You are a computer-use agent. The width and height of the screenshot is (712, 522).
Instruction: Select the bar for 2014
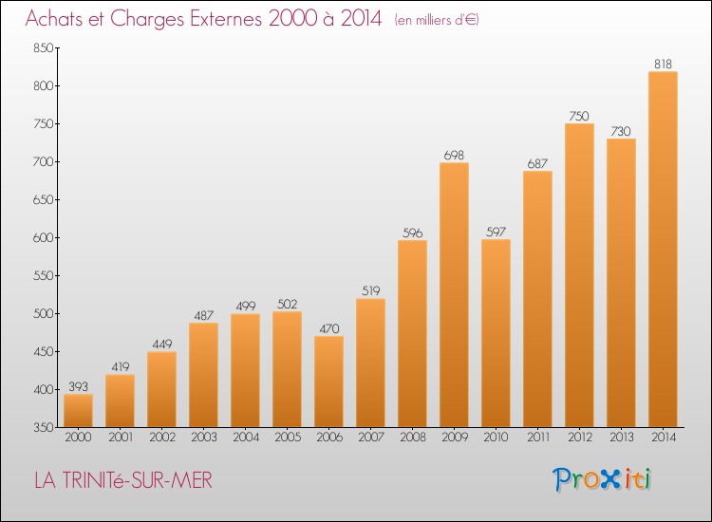[x=663, y=250]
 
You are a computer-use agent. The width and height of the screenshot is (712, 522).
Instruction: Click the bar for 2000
[x=78, y=411]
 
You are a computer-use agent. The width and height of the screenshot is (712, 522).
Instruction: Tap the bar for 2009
[x=454, y=295]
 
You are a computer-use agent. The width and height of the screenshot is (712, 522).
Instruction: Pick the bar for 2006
[x=328, y=382]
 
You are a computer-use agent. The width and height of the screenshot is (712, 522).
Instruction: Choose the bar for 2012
[x=579, y=275]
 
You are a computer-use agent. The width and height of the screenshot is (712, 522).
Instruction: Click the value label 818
[x=663, y=64]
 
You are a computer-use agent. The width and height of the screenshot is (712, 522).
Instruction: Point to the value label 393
[x=78, y=386]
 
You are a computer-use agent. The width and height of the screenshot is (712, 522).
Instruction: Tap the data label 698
[x=454, y=156]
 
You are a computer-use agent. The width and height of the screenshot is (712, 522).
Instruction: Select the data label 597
[x=496, y=232]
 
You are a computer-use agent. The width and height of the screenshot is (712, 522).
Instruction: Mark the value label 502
[x=287, y=304]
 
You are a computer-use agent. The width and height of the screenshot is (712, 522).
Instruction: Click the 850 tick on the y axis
[x=44, y=47]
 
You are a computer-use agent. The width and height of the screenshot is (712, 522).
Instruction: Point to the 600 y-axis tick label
[x=44, y=237]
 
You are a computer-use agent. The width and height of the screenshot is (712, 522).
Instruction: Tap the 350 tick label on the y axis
[x=44, y=428]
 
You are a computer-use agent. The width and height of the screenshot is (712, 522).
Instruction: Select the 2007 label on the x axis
[x=371, y=438]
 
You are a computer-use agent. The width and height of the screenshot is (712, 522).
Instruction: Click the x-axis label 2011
[x=538, y=438]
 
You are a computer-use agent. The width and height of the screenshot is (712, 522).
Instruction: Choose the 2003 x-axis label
[x=204, y=438]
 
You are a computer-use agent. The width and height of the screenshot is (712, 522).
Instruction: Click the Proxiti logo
[x=602, y=479]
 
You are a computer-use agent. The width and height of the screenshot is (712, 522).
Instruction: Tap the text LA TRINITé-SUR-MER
[x=123, y=480]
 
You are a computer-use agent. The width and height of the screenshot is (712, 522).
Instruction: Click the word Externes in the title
[x=226, y=19]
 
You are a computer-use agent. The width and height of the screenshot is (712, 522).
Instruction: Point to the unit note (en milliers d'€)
[x=437, y=20]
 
